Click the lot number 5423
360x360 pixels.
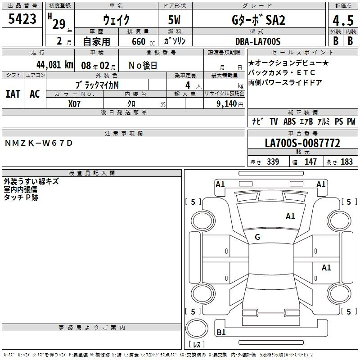click(22, 19)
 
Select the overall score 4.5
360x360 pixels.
click(343, 20)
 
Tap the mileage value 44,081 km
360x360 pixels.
click(54, 65)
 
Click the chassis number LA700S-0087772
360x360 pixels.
click(302, 143)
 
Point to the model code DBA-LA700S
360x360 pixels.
click(258, 41)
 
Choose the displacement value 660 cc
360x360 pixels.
click(143, 42)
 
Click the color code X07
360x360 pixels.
click(74, 104)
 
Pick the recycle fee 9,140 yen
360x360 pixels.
click(229, 104)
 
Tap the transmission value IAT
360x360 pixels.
click(13, 94)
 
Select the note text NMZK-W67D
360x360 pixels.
click(39, 143)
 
